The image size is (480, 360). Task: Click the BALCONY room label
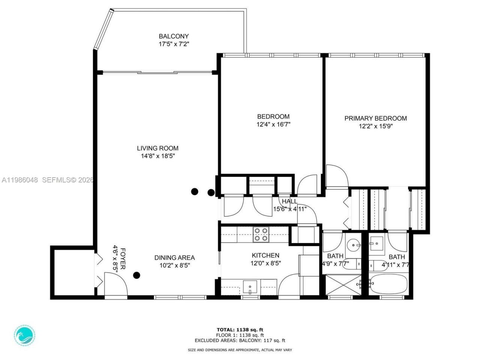point(174,36)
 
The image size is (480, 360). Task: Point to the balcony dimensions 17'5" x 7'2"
point(174,44)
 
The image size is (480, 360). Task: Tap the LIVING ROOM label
point(157,148)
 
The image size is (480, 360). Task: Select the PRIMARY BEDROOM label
point(375,118)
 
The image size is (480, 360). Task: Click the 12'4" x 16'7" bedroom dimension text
point(273,124)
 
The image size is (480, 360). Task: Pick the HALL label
point(290,201)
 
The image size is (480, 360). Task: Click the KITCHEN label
point(265,255)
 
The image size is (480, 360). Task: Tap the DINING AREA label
point(174,258)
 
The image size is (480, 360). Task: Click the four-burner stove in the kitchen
point(260,234)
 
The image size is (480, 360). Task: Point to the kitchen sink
point(250,287)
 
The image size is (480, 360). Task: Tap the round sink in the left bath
point(353,245)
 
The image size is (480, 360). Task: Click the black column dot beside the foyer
point(137,275)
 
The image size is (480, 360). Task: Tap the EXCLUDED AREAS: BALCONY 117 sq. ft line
point(240,340)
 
